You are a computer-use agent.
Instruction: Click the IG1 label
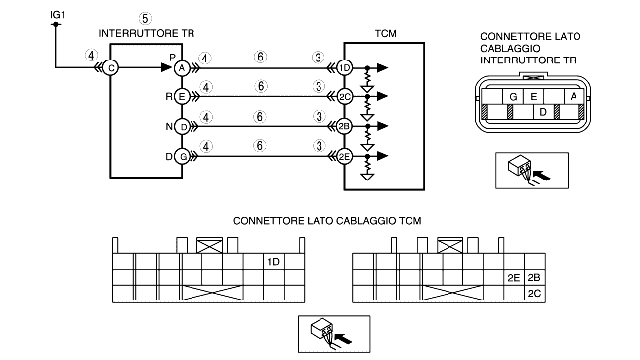[58, 15]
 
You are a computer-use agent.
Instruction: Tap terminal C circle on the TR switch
[110, 68]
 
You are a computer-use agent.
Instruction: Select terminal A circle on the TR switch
[182, 68]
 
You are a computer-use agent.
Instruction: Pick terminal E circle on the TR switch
[182, 97]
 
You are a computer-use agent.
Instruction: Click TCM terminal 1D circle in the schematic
[345, 68]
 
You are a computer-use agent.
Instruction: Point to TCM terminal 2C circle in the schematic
[345, 97]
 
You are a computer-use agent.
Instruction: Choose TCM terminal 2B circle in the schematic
[345, 126]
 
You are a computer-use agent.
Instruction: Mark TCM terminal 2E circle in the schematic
[345, 156]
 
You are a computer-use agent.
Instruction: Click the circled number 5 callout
[145, 19]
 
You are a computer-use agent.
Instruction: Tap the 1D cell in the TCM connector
[274, 261]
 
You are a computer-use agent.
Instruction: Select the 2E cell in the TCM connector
[514, 278]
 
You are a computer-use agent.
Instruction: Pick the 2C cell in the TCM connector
[534, 294]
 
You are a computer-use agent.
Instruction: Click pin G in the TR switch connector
[513, 97]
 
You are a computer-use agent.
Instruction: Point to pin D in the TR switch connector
[543, 112]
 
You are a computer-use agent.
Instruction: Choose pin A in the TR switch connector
[574, 97]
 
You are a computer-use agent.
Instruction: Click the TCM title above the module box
[385, 33]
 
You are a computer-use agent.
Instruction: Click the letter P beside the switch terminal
[172, 58]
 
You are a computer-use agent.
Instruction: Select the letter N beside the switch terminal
[169, 127]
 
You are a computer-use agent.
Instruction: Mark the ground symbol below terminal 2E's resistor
[368, 177]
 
